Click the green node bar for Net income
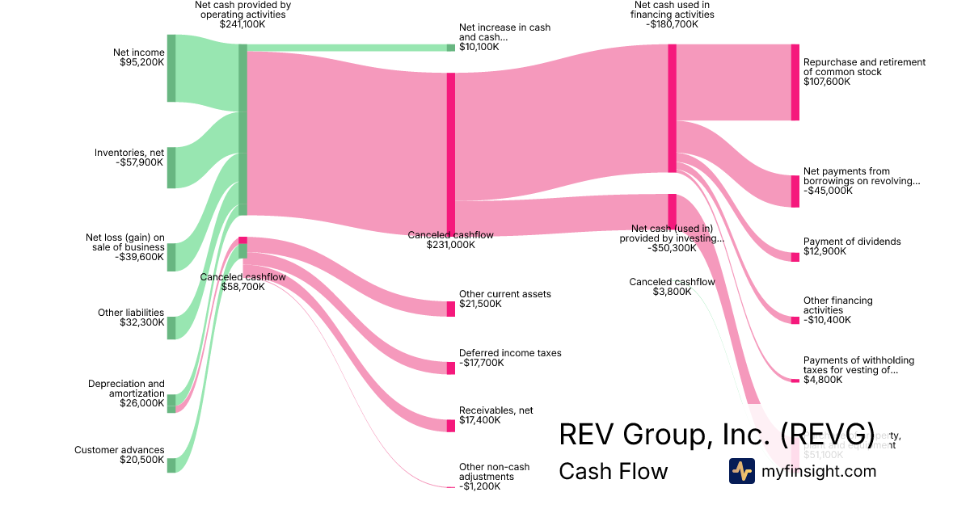(171, 69)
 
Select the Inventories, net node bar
(171, 168)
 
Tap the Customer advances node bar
(171, 465)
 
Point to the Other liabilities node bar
(171, 328)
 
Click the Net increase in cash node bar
(451, 48)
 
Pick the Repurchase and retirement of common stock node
(795, 82)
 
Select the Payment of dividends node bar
(795, 257)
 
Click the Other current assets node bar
(451, 309)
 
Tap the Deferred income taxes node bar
(451, 368)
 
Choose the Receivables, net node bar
(451, 426)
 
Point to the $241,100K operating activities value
(242, 24)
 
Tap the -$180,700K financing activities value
(673, 24)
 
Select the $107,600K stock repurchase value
(827, 82)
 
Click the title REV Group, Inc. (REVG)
(717, 434)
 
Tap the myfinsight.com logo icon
(741, 471)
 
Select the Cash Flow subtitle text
(613, 471)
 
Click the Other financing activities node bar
(795, 320)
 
